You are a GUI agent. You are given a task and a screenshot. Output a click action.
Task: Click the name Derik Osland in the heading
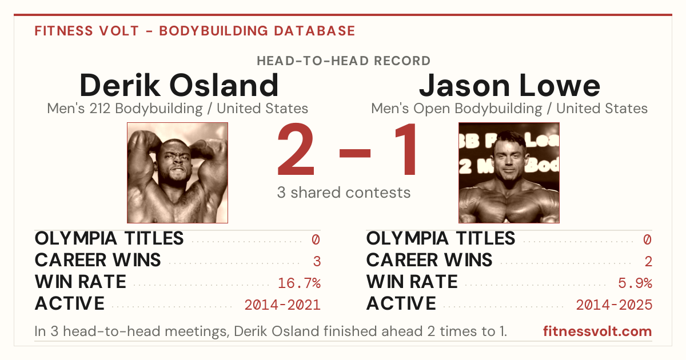coord(179,85)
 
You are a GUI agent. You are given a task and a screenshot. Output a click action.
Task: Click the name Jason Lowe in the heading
coord(509,85)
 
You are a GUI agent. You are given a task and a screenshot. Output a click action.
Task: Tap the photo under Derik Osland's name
coord(178,173)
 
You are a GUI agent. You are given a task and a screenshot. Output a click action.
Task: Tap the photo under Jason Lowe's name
coord(509,173)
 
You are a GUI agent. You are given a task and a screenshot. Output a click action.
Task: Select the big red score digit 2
coord(296,149)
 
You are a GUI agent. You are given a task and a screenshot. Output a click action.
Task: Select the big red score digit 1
coord(405,149)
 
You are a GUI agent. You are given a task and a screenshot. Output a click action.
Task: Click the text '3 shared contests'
coord(344,193)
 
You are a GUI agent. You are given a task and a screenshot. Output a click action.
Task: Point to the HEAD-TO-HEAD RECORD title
coord(344,61)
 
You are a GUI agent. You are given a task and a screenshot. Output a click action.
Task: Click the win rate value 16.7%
coord(299,283)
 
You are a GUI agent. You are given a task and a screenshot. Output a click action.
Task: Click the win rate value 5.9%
coord(635,283)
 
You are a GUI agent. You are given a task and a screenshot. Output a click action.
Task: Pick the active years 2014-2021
coord(282,305)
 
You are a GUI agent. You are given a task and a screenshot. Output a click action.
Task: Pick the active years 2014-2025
coord(614,305)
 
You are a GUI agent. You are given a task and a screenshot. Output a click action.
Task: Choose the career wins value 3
coord(317,262)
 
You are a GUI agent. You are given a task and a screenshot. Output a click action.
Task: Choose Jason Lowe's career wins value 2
coord(648,262)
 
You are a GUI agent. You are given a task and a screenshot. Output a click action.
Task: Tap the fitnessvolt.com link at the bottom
coord(597,331)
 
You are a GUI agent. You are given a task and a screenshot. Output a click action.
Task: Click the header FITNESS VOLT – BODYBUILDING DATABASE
coord(195,31)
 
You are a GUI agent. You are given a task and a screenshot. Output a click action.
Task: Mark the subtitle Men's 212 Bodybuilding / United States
coord(178,109)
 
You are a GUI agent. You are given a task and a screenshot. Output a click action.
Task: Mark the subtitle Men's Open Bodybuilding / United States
coord(509,109)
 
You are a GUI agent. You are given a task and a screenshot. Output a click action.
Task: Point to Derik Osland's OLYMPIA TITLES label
coord(109,238)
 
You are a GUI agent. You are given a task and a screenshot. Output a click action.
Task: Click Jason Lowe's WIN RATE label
coord(412,282)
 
